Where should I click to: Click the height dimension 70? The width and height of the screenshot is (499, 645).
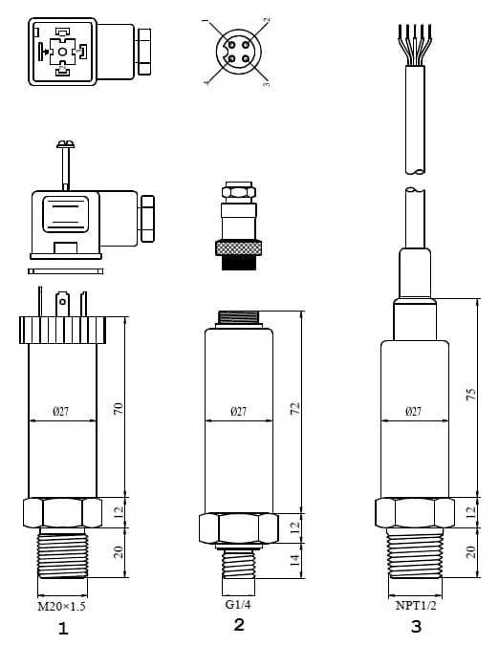tap(119, 409)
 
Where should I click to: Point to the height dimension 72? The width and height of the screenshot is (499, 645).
tap(294, 409)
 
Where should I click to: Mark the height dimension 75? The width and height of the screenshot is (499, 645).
tap(469, 396)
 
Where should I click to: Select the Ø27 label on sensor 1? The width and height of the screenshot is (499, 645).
tap(62, 412)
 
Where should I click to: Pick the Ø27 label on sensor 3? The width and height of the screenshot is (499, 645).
tap(414, 412)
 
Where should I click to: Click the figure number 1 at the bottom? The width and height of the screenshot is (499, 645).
tap(63, 628)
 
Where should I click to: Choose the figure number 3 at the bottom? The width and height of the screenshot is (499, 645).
tap(415, 628)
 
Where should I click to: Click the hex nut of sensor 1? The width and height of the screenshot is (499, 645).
tap(63, 512)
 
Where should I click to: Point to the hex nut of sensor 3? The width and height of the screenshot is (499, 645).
tap(415, 512)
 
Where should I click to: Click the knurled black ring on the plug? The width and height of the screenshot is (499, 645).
tap(238, 247)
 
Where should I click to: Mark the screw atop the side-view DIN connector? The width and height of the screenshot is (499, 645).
tap(65, 145)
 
